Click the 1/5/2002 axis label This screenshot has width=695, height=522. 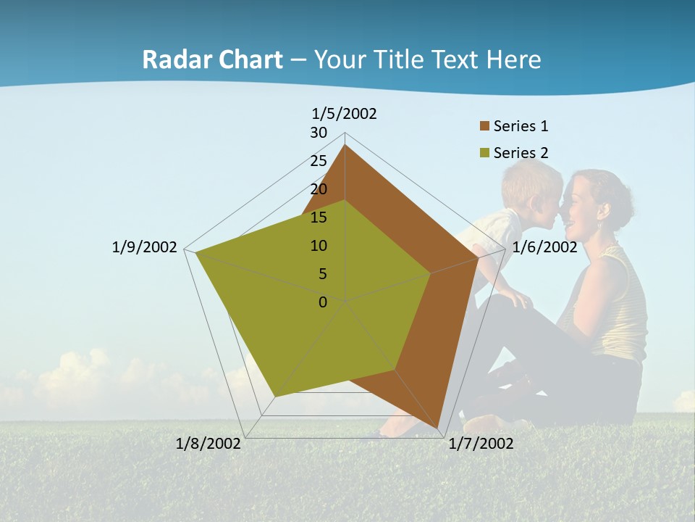345,113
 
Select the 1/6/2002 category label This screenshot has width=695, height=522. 544,247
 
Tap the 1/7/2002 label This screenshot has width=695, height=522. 481,443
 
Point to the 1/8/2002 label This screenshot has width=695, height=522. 208,443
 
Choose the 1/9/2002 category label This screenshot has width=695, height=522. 144,247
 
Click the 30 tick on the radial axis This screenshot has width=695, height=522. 319,133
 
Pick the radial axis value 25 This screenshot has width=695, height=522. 319,161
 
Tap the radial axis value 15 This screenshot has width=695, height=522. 319,217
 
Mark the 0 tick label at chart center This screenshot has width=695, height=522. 323,302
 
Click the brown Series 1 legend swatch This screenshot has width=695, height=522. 484,126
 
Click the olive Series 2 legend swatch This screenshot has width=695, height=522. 484,153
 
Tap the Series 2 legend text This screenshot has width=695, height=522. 521,153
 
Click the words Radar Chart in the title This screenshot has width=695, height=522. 212,59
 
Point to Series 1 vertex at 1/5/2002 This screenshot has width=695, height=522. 345,145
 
